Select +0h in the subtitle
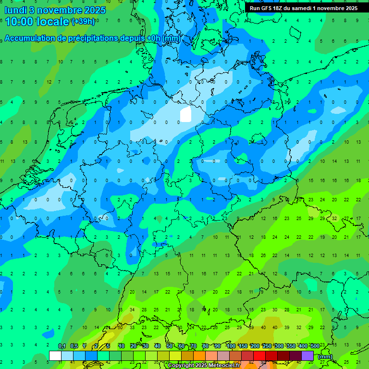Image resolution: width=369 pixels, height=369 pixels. point(153,38)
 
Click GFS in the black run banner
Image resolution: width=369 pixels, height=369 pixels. point(266,8)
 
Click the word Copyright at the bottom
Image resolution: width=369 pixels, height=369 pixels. point(181,366)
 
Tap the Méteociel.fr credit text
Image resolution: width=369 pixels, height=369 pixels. point(223,366)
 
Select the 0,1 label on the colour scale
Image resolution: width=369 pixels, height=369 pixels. point(62,346)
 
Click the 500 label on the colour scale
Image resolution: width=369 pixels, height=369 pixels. point(315,346)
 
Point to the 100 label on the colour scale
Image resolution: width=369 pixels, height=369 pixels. point(231,346)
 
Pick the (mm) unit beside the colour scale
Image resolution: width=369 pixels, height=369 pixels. point(325,357)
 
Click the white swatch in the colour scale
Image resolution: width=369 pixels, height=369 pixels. point(55,356)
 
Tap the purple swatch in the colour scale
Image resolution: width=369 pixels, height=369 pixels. point(307,356)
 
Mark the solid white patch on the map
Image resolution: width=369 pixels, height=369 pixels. point(185,115)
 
